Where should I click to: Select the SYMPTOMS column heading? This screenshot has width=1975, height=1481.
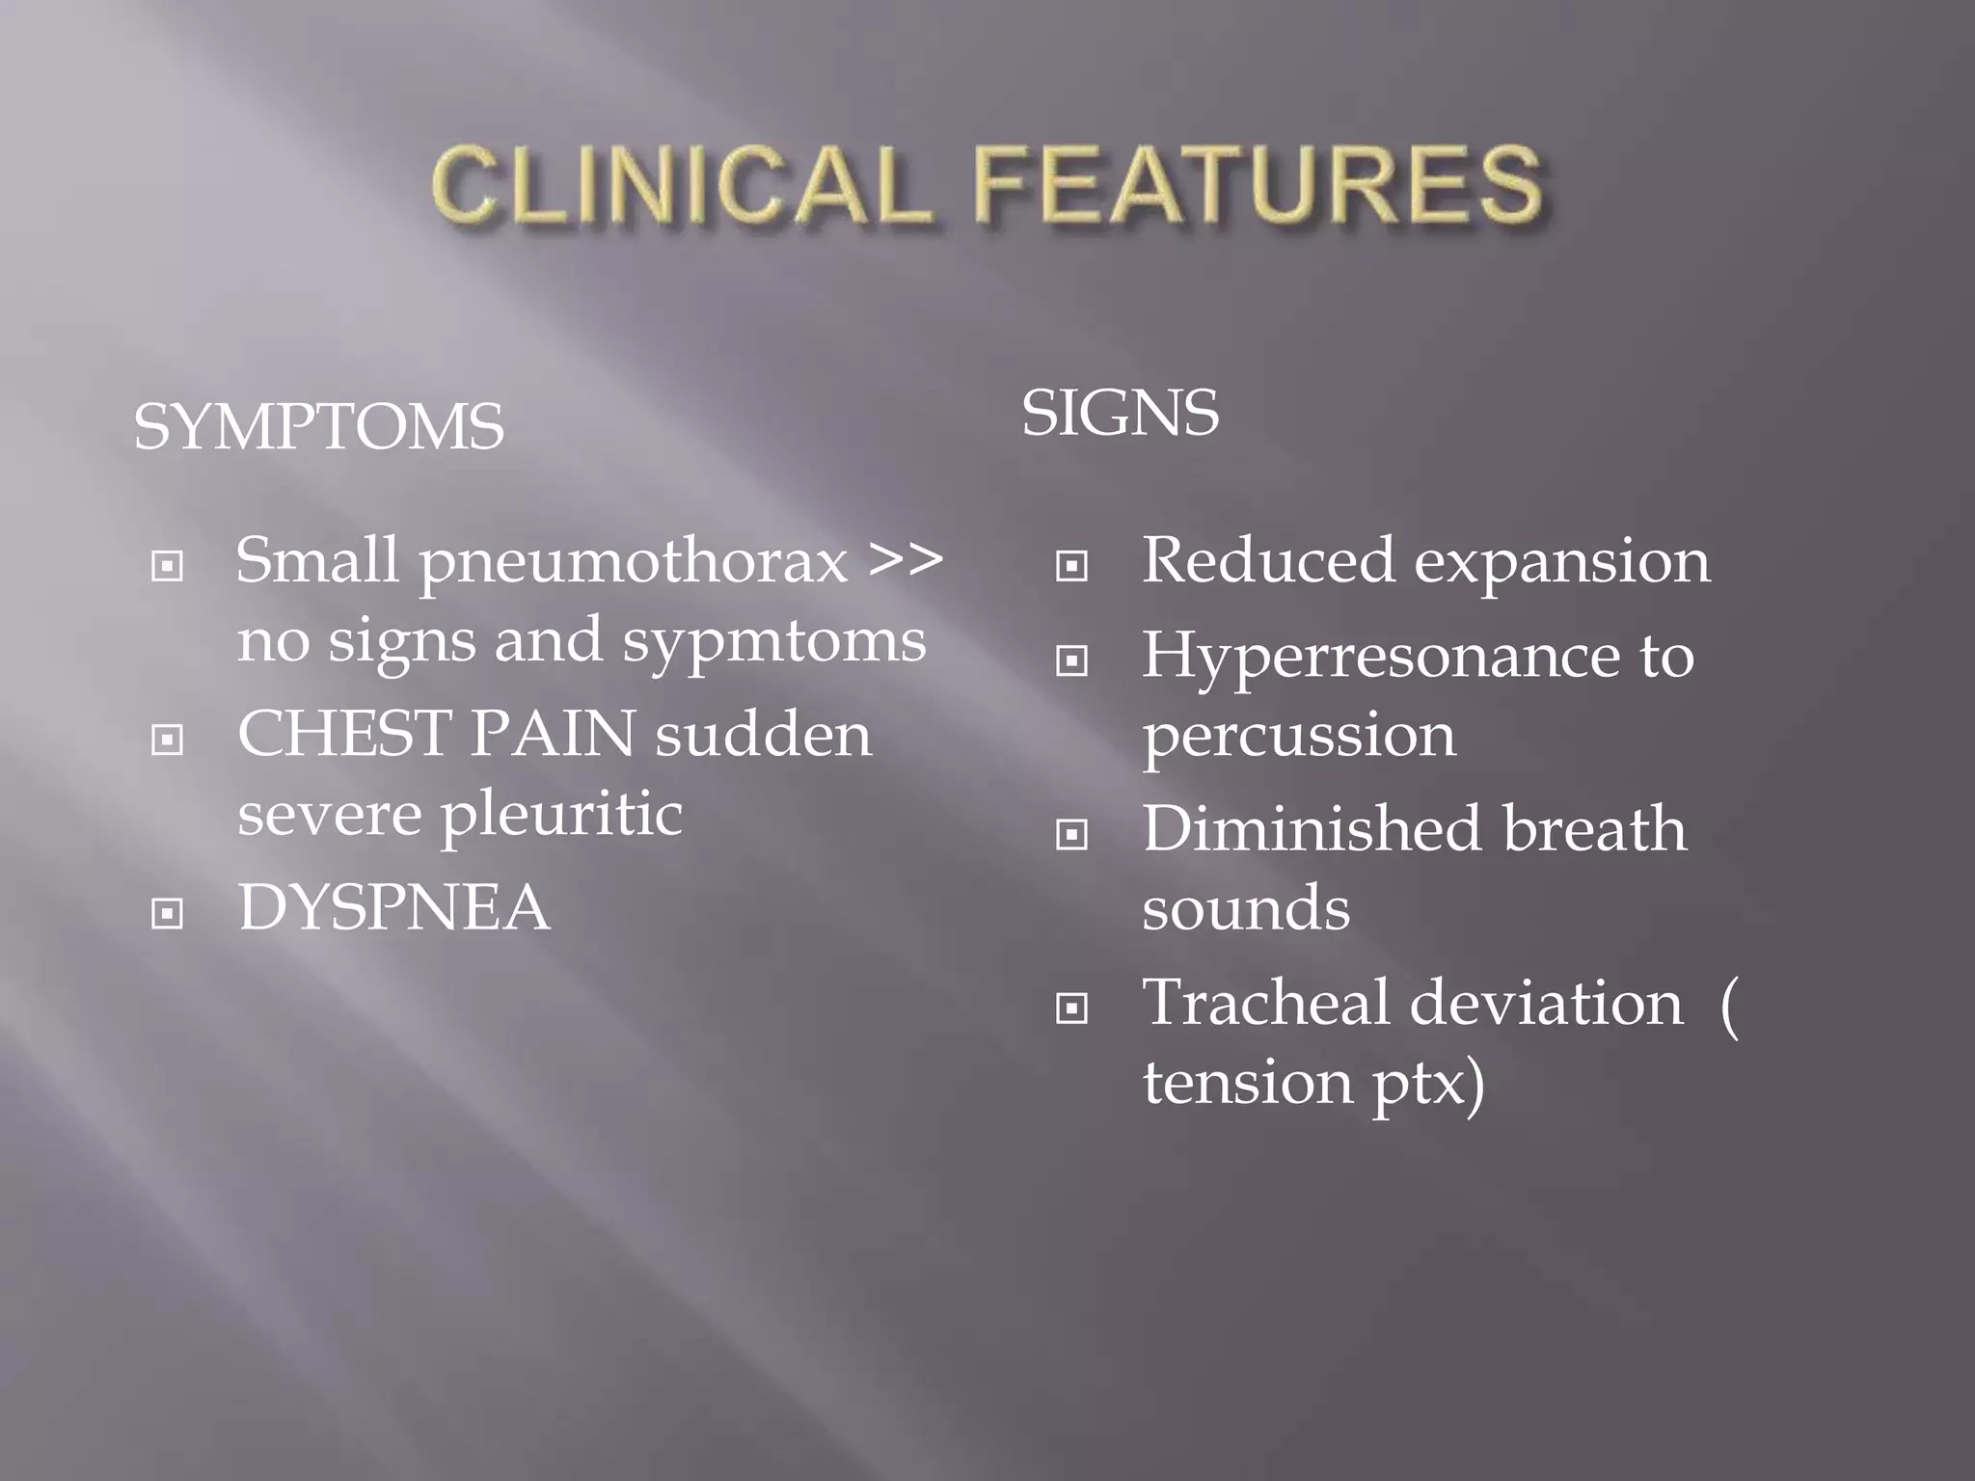pyautogui.click(x=318, y=427)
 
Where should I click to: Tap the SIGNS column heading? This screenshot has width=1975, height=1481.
pyautogui.click(x=1120, y=413)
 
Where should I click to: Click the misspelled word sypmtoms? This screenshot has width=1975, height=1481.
pyautogui.click(x=773, y=641)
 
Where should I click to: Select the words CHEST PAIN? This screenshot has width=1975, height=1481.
pyautogui.click(x=436, y=734)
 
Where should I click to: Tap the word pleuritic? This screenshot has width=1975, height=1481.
pyautogui.click(x=561, y=815)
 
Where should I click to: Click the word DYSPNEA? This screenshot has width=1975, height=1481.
pyautogui.click(x=393, y=907)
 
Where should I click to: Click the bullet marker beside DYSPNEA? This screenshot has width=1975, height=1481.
pyautogui.click(x=168, y=912)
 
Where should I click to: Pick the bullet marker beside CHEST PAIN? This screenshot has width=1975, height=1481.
pyautogui.click(x=168, y=740)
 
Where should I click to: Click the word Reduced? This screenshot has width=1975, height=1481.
pyautogui.click(x=1267, y=560)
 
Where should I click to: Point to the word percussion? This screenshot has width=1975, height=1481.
pyautogui.click(x=1299, y=737)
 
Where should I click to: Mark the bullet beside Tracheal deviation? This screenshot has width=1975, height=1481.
pyautogui.click(x=1071, y=1009)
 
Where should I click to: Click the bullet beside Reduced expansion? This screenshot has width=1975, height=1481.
pyautogui.click(x=1071, y=566)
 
